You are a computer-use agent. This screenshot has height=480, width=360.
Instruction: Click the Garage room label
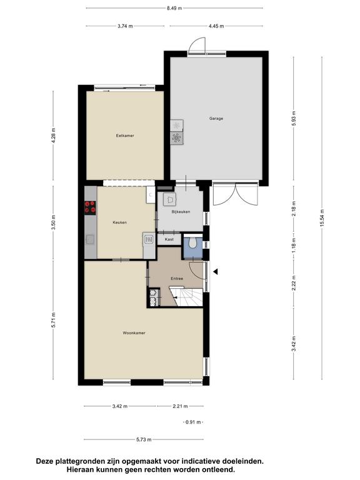click(x=216, y=119)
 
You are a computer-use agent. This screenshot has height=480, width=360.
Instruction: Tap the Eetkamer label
click(x=125, y=136)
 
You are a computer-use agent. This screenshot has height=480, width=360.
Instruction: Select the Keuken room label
click(x=120, y=222)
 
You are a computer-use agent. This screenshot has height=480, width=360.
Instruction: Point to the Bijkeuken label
click(x=181, y=212)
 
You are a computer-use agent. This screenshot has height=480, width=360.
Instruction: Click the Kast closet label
click(x=169, y=239)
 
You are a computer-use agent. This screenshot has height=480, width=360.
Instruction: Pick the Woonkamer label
click(x=134, y=333)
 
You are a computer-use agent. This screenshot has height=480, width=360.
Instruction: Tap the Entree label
click(x=177, y=279)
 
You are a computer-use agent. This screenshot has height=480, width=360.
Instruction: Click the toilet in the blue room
click(x=192, y=243)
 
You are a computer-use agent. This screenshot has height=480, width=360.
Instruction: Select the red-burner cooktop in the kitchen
click(x=90, y=207)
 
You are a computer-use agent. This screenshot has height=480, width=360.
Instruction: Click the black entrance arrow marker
click(x=216, y=271)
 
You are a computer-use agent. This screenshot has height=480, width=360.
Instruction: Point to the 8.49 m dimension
click(x=174, y=8)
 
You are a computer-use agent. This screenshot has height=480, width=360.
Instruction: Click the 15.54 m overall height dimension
click(x=322, y=218)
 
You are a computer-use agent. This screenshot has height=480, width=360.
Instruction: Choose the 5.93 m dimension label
click(x=294, y=118)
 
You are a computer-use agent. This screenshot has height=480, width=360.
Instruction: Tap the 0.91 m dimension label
click(x=193, y=422)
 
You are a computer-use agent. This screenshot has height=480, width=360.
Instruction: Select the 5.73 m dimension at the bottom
click(x=144, y=439)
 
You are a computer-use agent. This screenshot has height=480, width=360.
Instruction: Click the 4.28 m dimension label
click(x=53, y=135)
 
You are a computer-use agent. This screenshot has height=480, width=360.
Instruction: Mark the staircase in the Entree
click(x=186, y=297)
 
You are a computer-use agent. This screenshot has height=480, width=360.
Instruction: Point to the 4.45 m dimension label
click(x=216, y=26)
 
